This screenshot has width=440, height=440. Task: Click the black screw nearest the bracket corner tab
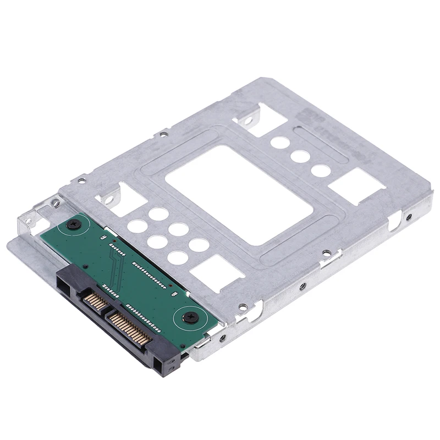[74, 224]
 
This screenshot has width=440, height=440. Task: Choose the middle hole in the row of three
[300, 156]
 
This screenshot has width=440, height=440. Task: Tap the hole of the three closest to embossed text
[280, 142]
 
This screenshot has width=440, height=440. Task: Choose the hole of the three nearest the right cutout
[321, 170]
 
